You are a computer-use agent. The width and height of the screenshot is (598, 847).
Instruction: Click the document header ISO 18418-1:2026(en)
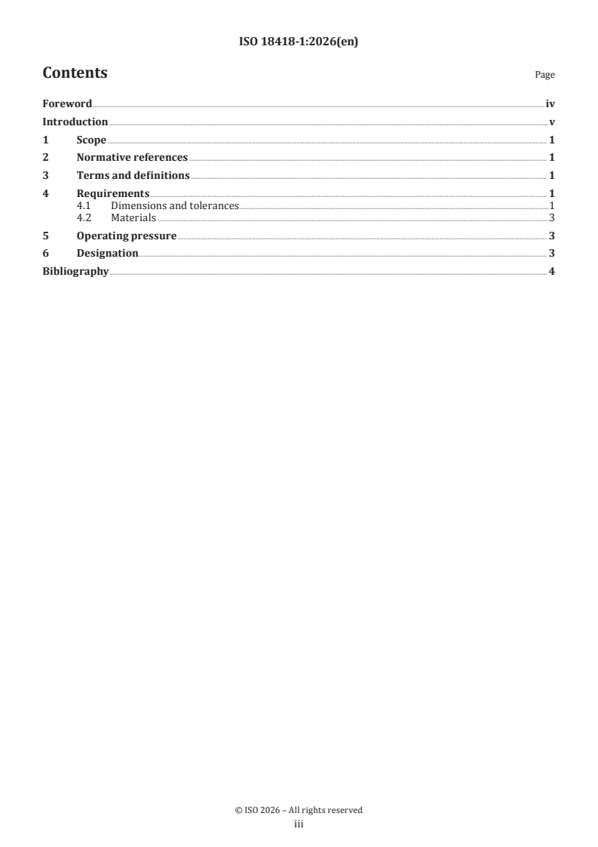pos(299,42)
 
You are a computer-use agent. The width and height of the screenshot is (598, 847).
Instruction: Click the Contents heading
pos(75,73)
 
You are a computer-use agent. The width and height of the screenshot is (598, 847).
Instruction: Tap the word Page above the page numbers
pos(544,75)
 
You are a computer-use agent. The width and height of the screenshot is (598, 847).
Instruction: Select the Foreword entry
pos(67,104)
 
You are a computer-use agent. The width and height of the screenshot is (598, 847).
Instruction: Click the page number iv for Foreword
pos(550,104)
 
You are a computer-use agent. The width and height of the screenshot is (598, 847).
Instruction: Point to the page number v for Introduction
pos(552,122)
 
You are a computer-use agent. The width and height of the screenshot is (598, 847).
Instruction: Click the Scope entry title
pos(91,140)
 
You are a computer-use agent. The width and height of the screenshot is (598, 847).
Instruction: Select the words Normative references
pos(132,158)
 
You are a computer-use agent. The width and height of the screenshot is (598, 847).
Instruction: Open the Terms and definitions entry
pos(133,176)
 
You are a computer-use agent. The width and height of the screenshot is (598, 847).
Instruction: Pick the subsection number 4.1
pos(84,205)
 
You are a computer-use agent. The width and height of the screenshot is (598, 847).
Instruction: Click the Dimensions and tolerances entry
pos(174,205)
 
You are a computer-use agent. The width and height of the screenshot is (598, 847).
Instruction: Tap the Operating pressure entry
pos(126,236)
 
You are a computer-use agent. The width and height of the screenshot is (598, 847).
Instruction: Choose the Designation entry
pos(107,254)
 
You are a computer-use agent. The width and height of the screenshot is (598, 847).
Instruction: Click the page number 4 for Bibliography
pos(552,272)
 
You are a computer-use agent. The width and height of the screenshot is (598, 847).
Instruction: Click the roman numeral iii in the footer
pos(299,825)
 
